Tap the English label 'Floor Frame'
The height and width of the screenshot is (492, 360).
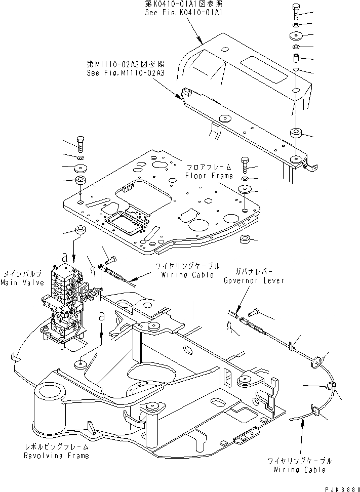click(x=209, y=176)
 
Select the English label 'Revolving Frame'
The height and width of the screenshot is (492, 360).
click(x=56, y=456)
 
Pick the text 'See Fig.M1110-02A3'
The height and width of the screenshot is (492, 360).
click(x=126, y=72)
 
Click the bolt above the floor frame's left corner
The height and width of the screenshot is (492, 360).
click(x=81, y=143)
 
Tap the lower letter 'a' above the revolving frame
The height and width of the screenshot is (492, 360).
click(x=102, y=316)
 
